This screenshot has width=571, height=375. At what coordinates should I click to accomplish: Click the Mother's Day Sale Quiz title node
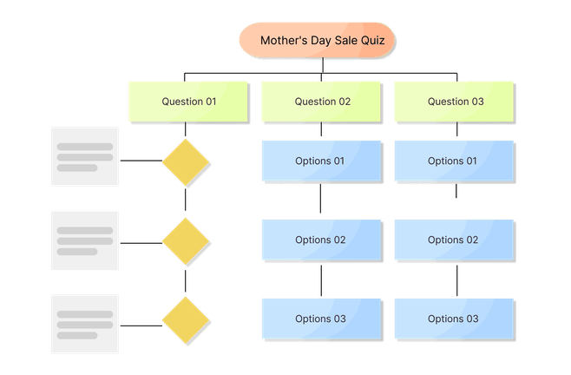tap(316, 40)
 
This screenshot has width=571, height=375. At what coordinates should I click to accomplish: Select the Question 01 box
tap(188, 102)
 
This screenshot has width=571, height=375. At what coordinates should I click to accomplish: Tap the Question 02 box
tap(321, 102)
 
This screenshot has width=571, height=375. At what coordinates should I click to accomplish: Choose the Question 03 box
tap(455, 102)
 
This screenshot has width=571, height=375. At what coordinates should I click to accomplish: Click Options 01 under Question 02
tap(321, 161)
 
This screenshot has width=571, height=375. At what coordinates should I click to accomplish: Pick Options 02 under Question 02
tap(321, 240)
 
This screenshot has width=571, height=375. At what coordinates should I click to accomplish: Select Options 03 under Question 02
tap(321, 319)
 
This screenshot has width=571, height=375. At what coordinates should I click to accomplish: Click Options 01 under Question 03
tap(454, 161)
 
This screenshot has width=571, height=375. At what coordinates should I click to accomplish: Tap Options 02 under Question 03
tap(454, 240)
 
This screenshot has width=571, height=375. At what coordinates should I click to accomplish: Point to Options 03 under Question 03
tap(454, 319)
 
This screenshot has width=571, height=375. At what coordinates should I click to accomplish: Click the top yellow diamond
tap(186, 161)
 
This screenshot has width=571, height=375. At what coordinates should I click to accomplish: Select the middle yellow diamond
tap(186, 240)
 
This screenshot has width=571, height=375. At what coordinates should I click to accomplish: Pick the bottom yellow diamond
tap(186, 319)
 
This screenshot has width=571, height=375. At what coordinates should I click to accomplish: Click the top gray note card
tap(84, 157)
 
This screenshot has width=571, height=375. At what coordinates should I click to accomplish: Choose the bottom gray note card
tap(84, 324)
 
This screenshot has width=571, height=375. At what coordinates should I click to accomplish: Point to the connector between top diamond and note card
tap(140, 161)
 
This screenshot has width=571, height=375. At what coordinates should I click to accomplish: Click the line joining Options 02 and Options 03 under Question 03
tap(457, 280)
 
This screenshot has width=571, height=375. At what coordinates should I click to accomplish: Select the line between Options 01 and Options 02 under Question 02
tap(321, 201)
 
